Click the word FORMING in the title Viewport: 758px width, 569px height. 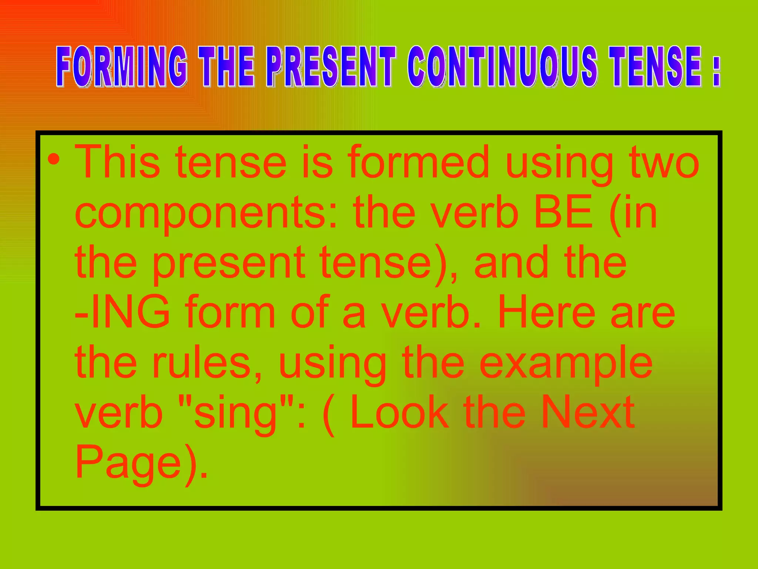pos(121,67)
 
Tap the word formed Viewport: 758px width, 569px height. pos(418,162)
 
